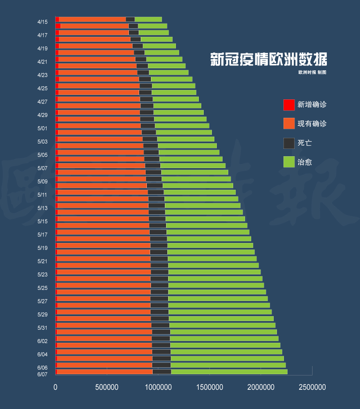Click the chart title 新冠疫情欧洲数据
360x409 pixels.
coord(268,60)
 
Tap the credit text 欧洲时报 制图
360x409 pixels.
coord(312,72)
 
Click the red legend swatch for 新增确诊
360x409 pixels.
coord(289,105)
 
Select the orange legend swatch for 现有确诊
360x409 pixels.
coord(289,124)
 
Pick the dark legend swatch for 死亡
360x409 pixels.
coord(289,143)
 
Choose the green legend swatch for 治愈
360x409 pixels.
coord(289,162)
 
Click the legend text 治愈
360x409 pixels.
coord(305,162)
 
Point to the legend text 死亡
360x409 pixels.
coord(305,143)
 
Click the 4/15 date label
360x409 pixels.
coord(43,22)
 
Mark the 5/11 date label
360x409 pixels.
coord(43,195)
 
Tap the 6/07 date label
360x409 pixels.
coord(43,374)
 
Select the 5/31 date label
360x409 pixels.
coord(43,328)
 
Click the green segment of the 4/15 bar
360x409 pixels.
coord(148,19)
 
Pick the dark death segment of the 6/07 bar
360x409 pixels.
coord(162,372)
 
